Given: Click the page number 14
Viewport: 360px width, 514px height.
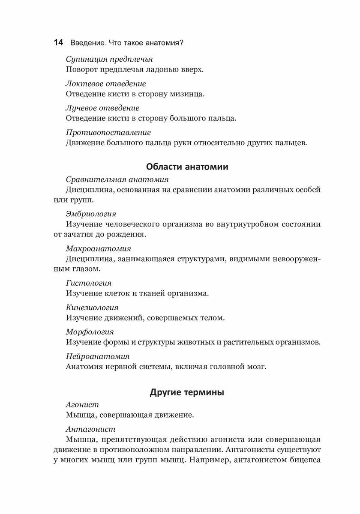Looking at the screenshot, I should click(x=58, y=43).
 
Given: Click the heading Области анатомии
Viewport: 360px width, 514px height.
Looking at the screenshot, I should click(x=187, y=167).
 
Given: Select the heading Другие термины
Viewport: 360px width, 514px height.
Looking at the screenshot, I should click(x=187, y=392).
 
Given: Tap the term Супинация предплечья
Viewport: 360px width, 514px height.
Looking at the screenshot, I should click(x=109, y=59).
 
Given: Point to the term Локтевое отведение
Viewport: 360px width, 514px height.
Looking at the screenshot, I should click(x=106, y=84).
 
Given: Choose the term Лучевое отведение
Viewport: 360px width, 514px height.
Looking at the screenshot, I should click(x=102, y=108).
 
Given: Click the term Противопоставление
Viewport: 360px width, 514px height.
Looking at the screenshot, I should click(x=108, y=132).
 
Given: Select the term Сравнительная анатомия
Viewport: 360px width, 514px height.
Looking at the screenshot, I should click(x=117, y=179).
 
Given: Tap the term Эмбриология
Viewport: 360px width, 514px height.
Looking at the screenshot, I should click(x=91, y=213).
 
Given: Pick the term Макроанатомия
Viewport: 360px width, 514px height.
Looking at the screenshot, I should click(x=99, y=248).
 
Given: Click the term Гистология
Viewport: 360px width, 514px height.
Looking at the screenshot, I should click(x=89, y=283).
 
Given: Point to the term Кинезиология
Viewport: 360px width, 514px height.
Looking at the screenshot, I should click(x=92, y=308).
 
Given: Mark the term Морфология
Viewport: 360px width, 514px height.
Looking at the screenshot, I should click(x=90, y=332).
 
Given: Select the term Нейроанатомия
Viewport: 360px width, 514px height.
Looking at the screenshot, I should click(x=98, y=356).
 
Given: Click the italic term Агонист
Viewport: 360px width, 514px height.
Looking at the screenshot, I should click(x=82, y=404).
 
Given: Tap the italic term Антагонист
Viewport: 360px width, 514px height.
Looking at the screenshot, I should click(x=90, y=429).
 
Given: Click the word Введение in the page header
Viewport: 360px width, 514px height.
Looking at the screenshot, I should click(x=87, y=43).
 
